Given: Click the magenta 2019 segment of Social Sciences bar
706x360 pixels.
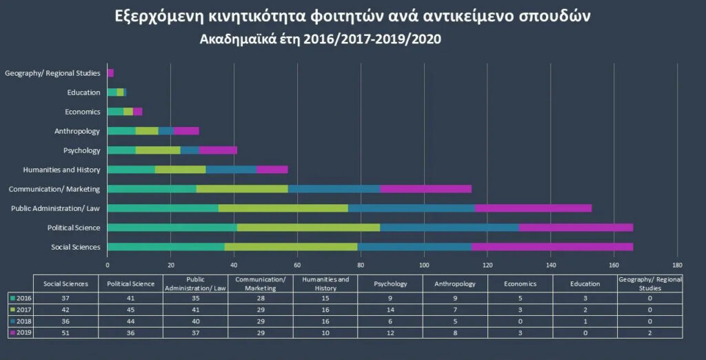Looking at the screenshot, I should (x=552, y=247).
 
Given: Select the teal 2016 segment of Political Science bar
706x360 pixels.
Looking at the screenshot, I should (x=172, y=228).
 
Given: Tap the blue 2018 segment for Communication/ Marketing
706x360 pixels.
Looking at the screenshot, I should (x=334, y=189).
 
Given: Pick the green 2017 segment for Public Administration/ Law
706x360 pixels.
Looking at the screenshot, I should (x=283, y=208).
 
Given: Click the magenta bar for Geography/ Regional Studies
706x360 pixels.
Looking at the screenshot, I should (x=110, y=73).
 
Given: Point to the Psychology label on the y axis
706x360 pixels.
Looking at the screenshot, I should (x=81, y=150).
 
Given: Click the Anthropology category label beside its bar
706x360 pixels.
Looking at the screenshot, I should (x=77, y=131).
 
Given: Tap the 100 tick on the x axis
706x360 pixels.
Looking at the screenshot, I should (x=424, y=264).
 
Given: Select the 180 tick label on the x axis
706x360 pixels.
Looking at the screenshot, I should (x=677, y=264).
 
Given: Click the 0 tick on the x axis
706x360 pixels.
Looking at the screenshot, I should (x=108, y=264).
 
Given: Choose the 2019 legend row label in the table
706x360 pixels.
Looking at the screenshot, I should (x=21, y=333).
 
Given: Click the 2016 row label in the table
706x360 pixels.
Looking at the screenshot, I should (x=21, y=298).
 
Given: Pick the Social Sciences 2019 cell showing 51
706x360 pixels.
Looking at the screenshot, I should (x=65, y=333).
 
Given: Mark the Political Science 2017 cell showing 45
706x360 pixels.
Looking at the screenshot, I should (x=130, y=310).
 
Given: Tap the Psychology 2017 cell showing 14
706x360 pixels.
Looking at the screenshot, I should (x=390, y=310).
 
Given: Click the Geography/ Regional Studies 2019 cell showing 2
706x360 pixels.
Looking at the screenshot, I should (x=649, y=333).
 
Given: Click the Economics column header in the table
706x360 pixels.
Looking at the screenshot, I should (x=520, y=283).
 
